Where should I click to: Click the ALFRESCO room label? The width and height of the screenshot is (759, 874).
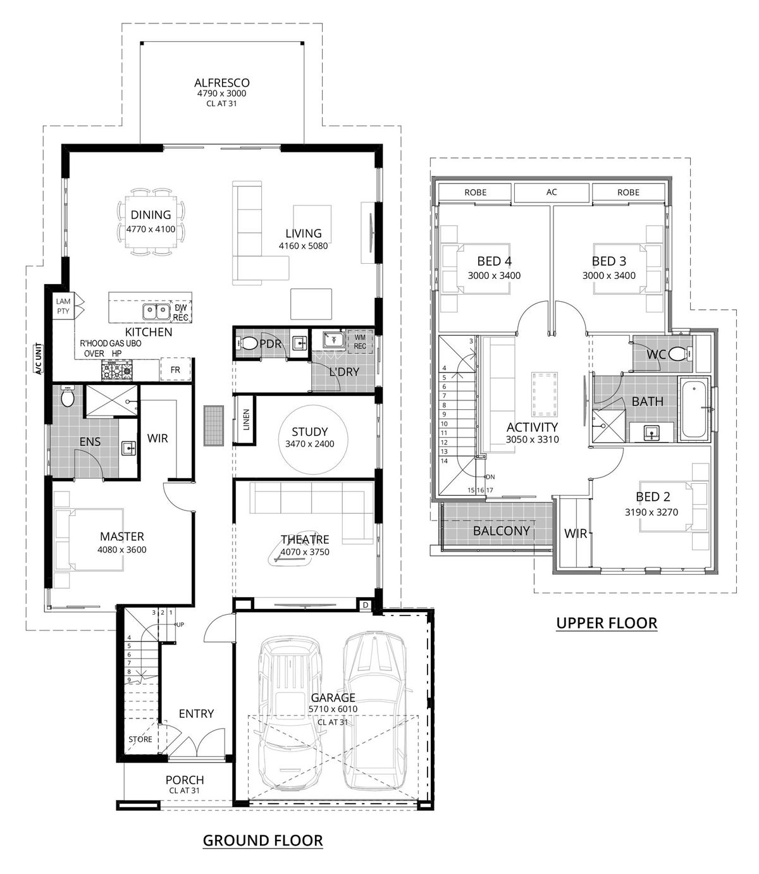coord(221,82)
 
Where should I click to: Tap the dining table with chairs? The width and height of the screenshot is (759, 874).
coord(151,222)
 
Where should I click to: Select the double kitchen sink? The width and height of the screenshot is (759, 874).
coord(156,311)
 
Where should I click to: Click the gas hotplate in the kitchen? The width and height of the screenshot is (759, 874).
coord(116,370)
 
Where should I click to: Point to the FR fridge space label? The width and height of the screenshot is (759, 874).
coord(175,370)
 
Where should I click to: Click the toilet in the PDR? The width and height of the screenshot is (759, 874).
coord(247,343)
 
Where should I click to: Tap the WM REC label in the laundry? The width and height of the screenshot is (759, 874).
coord(360,342)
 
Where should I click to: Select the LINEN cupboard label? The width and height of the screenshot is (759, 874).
coord(246,419)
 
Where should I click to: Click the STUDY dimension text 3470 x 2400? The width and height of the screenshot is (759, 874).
coord(310,444)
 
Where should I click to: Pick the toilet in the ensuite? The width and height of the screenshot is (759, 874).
coord(68,396)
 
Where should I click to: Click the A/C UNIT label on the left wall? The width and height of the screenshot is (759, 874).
coord(39,359)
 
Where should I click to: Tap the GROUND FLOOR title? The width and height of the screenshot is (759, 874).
coord(262,840)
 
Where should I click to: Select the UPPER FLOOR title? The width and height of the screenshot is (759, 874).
coord(607,623)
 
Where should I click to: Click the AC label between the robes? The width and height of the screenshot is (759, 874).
coord(552,192)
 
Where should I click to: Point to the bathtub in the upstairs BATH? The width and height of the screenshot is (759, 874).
coord(693,410)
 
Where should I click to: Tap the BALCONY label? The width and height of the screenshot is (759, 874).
coord(501,531)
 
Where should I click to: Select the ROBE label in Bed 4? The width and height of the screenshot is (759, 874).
coord(476,192)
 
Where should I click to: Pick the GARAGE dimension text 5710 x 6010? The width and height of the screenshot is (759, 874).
coord(333,709)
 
